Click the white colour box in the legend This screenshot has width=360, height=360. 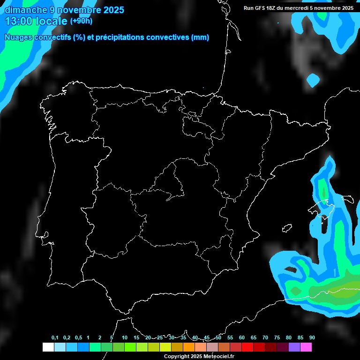(48, 347)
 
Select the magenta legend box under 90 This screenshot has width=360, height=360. (306, 347)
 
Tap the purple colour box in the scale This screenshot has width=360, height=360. (294, 347)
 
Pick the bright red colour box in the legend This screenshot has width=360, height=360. (247, 347)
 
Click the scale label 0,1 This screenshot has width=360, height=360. (55, 338)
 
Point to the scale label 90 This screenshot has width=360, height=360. (312, 338)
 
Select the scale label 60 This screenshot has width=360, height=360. (241, 338)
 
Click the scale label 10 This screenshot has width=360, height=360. (124, 338)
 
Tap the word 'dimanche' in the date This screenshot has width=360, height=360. (26, 10)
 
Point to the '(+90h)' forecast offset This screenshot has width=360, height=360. (81, 21)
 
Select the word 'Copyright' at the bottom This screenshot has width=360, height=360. (178, 357)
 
